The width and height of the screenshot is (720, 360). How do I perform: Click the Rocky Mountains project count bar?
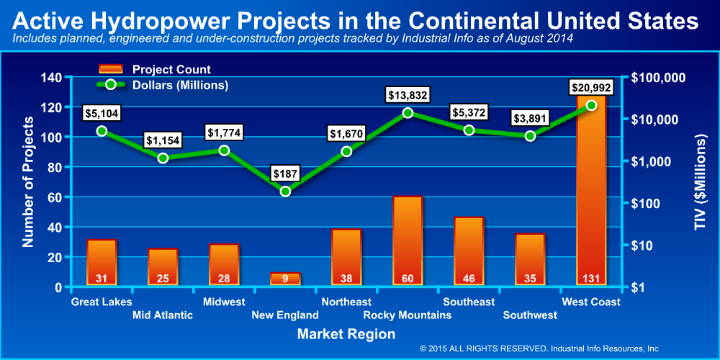408,240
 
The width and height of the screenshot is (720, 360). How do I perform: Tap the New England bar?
285,279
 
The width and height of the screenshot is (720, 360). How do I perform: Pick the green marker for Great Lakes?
102,131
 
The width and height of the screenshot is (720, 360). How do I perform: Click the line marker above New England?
285,192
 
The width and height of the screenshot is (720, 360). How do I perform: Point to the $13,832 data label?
408,94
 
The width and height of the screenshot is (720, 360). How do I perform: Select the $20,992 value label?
592,87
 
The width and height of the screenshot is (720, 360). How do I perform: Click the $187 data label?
285,173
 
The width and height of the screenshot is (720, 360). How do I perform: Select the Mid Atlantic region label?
163,315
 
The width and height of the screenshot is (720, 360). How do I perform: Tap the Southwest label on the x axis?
530,315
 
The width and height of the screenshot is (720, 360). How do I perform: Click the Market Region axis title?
346,334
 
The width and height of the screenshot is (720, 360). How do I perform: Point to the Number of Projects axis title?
29,183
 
